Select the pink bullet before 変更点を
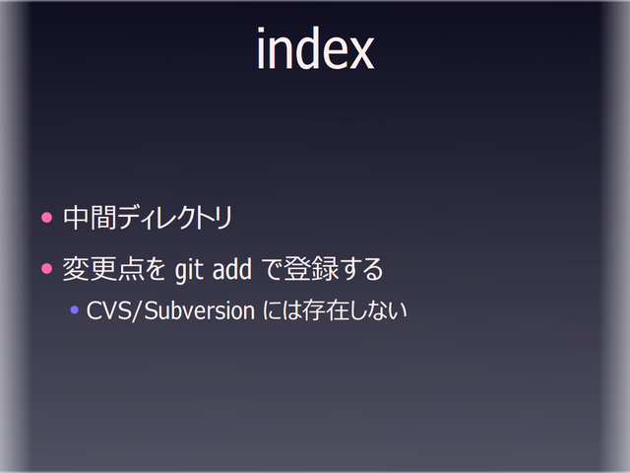pyautogui.click(x=45, y=267)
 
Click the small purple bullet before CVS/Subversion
pyautogui.click(x=75, y=311)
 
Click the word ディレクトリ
pyautogui.click(x=172, y=218)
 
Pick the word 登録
pyautogui.click(x=309, y=268)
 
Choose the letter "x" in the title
pyautogui.click(x=358, y=52)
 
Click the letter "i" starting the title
pyautogui.click(x=261, y=49)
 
